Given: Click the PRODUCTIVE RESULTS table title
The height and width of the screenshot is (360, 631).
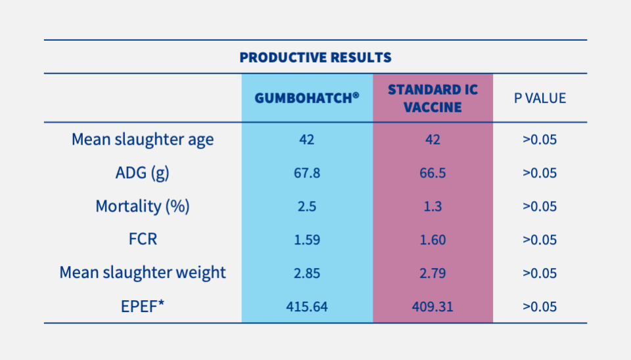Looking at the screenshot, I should tap(315, 57).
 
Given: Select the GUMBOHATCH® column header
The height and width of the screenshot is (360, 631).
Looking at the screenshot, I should tap(307, 98).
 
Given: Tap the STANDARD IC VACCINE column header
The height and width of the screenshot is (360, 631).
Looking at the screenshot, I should tap(432, 98).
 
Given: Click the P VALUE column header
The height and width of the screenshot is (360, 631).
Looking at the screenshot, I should tap(540, 98).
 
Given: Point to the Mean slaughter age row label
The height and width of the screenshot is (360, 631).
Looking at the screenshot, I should tap(143, 140).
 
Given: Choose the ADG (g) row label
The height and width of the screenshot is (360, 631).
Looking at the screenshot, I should tap(143, 173).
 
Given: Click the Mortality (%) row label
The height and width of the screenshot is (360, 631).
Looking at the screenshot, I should tap(143, 206).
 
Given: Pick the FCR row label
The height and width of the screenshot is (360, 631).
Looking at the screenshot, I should tap(143, 239).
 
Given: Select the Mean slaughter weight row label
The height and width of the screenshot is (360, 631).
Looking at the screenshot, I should tap(143, 273).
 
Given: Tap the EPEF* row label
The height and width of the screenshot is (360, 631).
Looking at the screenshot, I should tap(143, 306).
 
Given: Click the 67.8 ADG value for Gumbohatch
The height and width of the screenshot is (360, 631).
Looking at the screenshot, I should tap(307, 173).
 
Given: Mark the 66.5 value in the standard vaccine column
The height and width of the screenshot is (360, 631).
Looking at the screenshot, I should tap(432, 173).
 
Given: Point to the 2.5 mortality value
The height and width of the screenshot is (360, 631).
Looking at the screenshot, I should tap(307, 207).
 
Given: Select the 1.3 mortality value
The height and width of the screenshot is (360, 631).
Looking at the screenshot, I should tap(432, 207).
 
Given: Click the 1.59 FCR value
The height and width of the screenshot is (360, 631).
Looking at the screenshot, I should tap(307, 240).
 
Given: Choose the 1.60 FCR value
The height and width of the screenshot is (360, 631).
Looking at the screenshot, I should tap(432, 240).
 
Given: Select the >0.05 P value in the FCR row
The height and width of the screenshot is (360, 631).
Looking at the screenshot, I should tap(540, 240).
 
